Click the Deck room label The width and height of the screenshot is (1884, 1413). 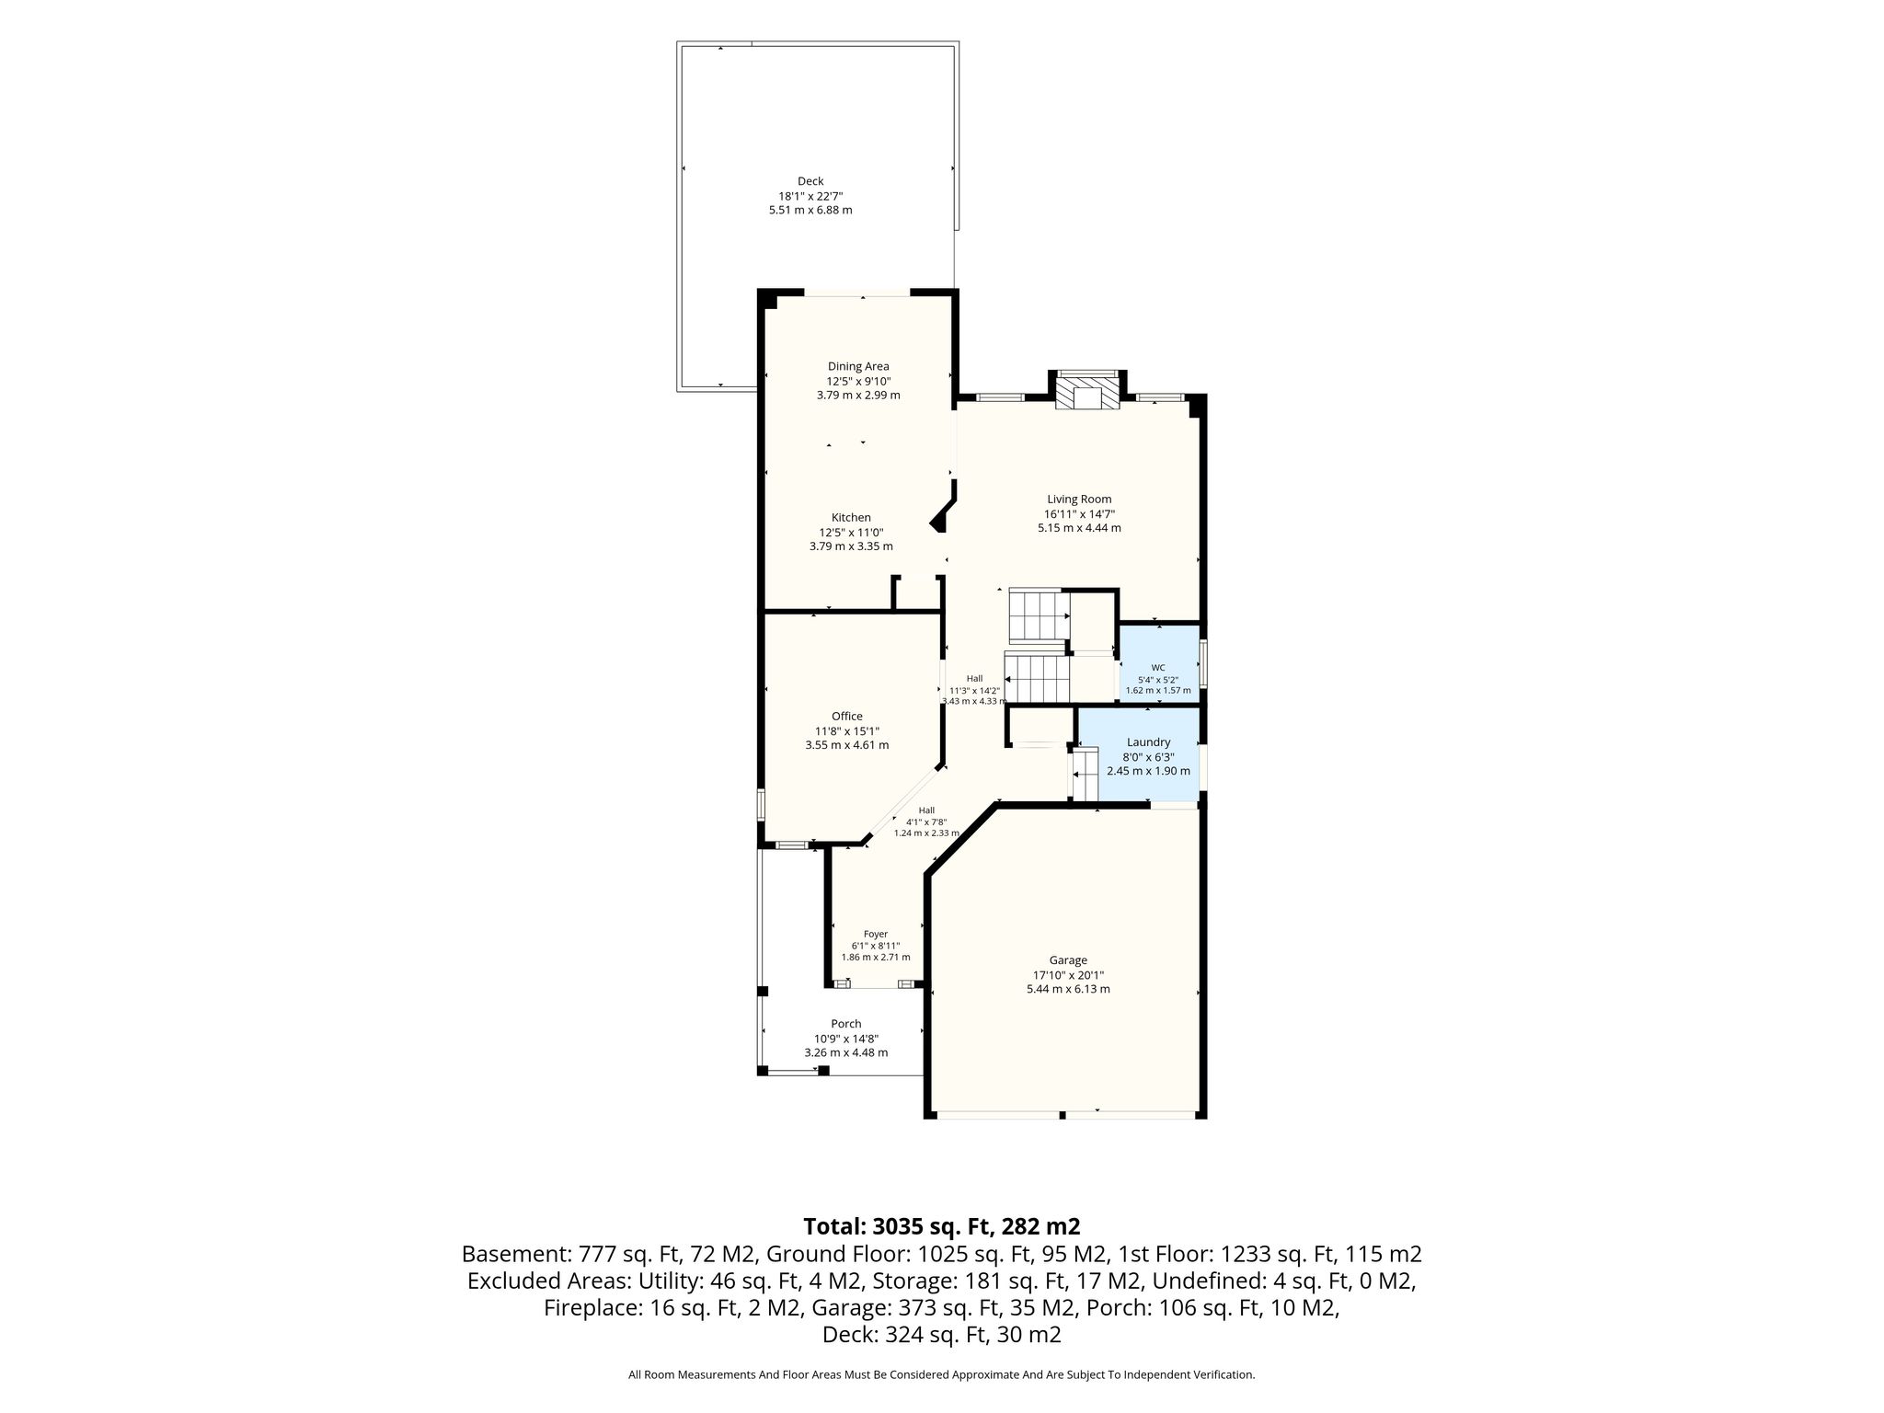[810, 181]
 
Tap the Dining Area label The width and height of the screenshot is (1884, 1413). [858, 366]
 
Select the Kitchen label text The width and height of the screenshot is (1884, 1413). [851, 518]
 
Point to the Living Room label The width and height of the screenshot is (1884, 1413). [1079, 500]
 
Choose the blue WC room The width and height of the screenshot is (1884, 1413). [1158, 664]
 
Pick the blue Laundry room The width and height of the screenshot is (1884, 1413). [1139, 754]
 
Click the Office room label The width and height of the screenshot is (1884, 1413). [847, 717]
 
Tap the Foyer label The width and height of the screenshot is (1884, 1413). [876, 935]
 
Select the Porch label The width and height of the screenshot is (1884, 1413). [846, 1024]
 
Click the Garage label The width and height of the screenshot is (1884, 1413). [1068, 960]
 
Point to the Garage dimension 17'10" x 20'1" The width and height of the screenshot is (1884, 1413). [1068, 975]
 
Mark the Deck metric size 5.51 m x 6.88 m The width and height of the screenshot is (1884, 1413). [810, 211]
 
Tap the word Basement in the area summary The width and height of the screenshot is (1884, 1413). [516, 1254]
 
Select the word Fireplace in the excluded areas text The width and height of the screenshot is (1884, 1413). [591, 1308]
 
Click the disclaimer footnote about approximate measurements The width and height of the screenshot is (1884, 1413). [941, 1375]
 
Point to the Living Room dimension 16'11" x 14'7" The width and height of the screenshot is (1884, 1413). [1079, 514]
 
